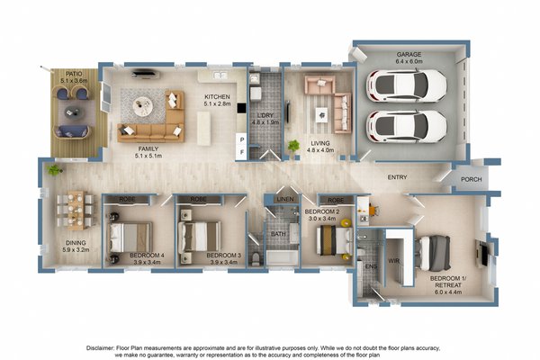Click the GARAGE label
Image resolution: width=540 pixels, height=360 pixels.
point(409,54)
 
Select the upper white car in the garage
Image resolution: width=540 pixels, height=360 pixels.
point(407,87)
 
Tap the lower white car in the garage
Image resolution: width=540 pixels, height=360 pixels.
point(407,126)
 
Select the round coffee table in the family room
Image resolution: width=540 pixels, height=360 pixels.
point(144,107)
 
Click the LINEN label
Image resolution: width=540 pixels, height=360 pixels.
point(284,199)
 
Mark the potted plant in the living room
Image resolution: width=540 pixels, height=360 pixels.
point(292,146)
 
